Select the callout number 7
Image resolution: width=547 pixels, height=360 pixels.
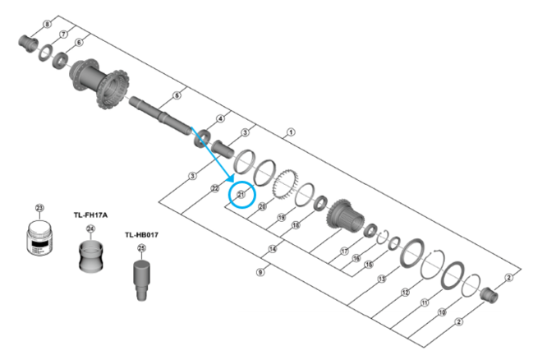tap(62, 33)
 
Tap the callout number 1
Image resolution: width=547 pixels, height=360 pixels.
tap(291, 132)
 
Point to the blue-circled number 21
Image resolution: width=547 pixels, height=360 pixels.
tap(241, 195)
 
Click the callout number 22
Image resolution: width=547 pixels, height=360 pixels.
tap(214, 188)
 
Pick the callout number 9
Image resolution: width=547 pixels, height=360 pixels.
tap(260, 271)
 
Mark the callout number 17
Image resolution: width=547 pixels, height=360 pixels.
tap(345, 251)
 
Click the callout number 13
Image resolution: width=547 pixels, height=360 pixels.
tap(381, 279)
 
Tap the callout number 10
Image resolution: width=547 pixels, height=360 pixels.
tap(442, 312)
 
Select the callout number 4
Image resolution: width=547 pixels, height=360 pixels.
tap(220, 119)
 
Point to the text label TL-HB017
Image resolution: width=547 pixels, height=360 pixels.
tap(141, 234)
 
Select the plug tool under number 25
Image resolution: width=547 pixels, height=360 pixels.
tap(142, 275)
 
